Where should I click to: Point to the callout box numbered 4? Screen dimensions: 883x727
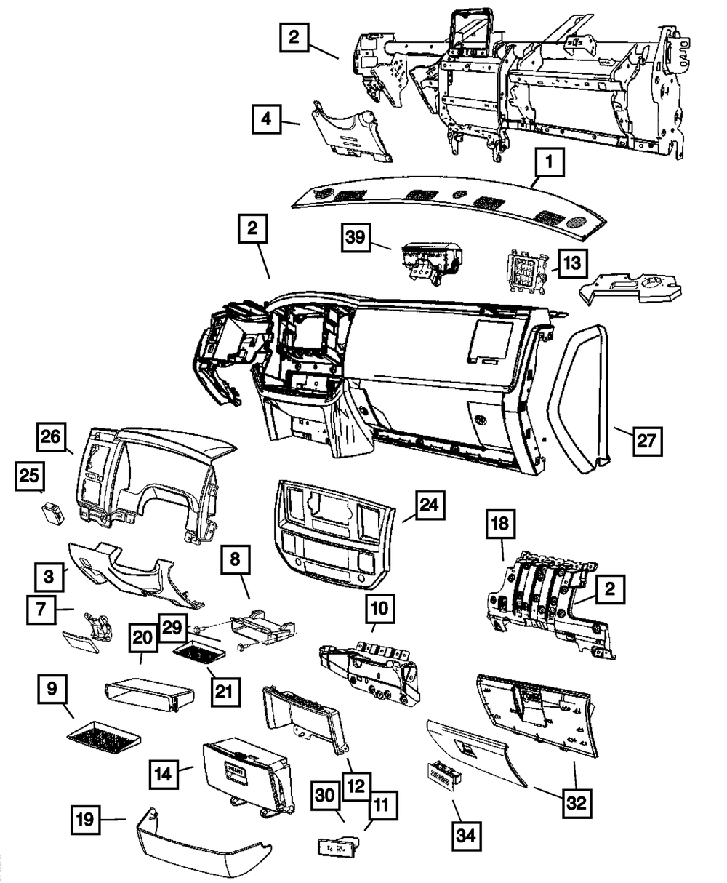pyautogui.click(x=268, y=119)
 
